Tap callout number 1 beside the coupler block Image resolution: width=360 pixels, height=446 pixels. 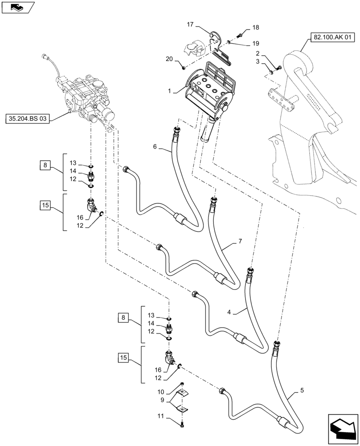[170, 91]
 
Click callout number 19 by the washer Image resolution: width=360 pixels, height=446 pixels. [255, 44]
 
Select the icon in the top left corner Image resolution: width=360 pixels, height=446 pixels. [17, 7]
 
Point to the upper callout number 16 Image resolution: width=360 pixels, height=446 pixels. [80, 217]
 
